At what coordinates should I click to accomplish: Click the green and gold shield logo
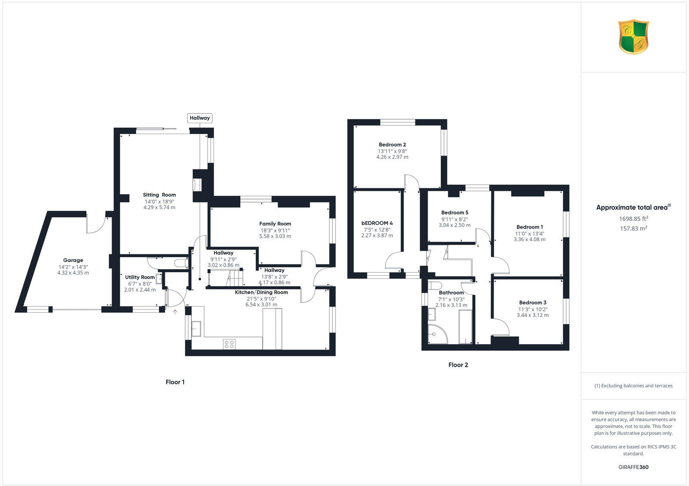pyautogui.click(x=633, y=37)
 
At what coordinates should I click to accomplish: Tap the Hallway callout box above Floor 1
pyautogui.click(x=200, y=118)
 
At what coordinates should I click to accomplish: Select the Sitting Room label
pyautogui.click(x=159, y=195)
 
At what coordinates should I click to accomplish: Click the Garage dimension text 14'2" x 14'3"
pyautogui.click(x=73, y=267)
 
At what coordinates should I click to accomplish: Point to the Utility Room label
pyautogui.click(x=140, y=277)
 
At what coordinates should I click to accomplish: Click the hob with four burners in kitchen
pyautogui.click(x=229, y=344)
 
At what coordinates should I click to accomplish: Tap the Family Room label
pyautogui.click(x=275, y=224)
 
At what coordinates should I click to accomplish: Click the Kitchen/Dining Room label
pyautogui.click(x=261, y=292)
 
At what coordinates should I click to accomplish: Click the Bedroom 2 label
pyautogui.click(x=392, y=145)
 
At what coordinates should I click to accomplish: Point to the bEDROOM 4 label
pyautogui.click(x=377, y=223)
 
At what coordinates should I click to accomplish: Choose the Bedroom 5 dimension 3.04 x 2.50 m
pyautogui.click(x=455, y=225)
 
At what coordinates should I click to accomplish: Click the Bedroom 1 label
pyautogui.click(x=530, y=227)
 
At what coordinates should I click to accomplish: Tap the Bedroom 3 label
pyautogui.click(x=533, y=302)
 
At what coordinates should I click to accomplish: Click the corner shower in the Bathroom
pyautogui.click(x=437, y=334)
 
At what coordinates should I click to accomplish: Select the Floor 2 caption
pyautogui.click(x=458, y=365)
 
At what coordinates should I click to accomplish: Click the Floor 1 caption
pyautogui.click(x=175, y=382)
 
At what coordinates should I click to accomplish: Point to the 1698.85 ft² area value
pyautogui.click(x=633, y=219)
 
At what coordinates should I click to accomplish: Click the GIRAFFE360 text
pyautogui.click(x=633, y=467)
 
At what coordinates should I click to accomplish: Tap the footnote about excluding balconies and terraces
pyautogui.click(x=633, y=386)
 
